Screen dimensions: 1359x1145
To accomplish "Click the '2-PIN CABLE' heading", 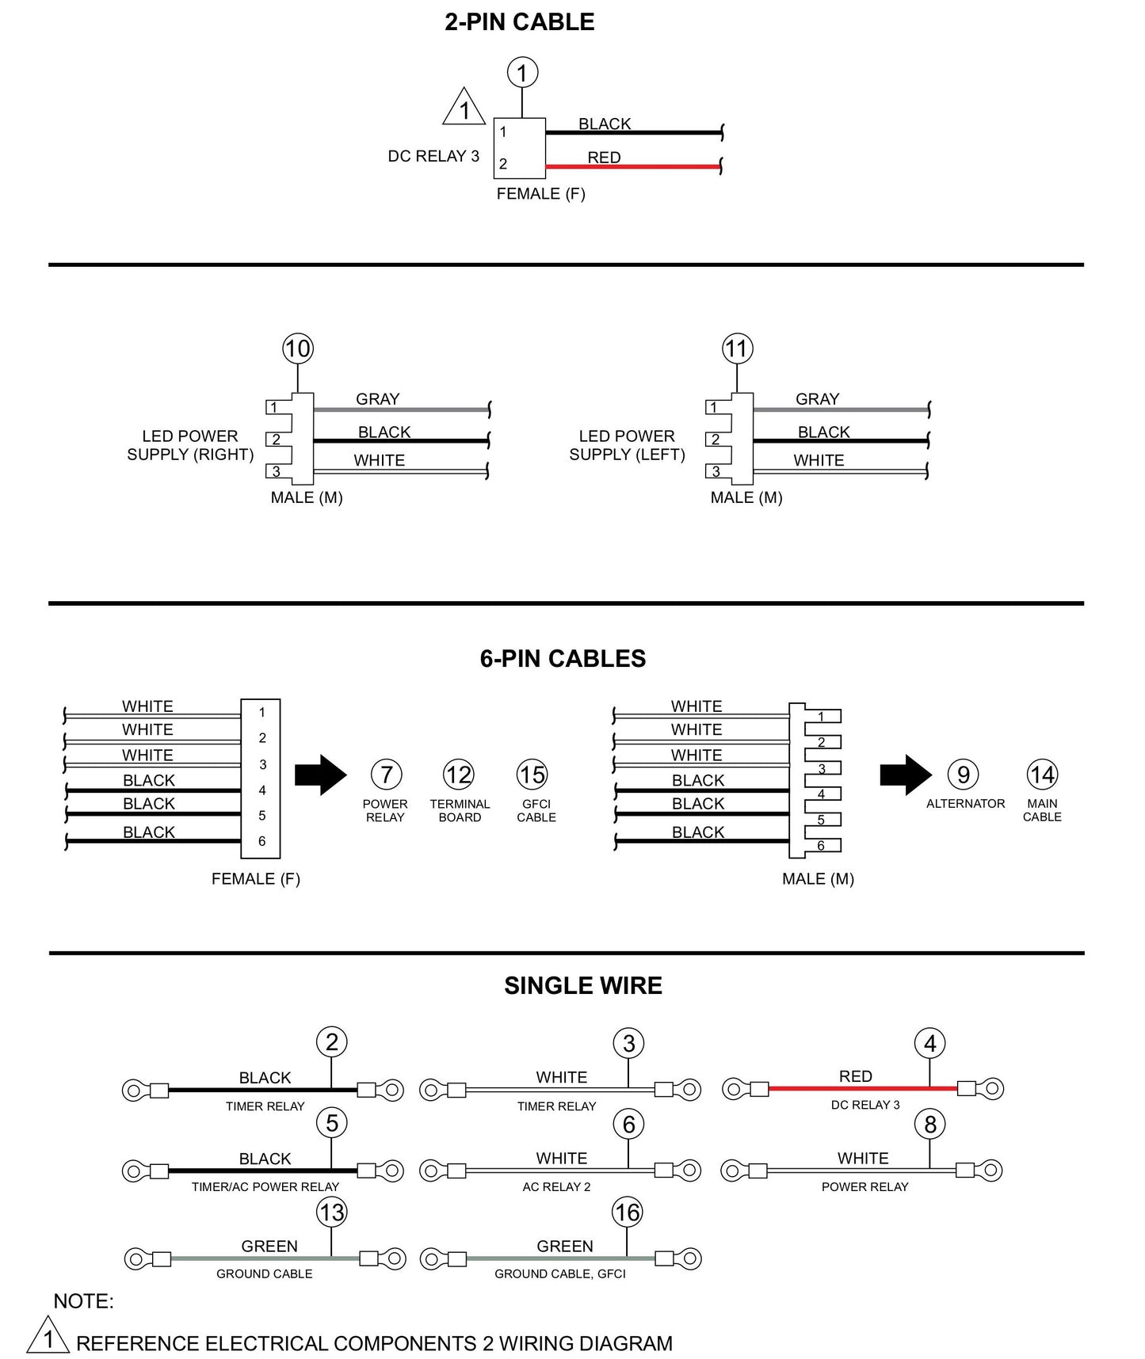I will [519, 22].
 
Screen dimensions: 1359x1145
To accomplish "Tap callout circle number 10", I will [298, 348].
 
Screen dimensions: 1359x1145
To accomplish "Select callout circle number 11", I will [737, 348].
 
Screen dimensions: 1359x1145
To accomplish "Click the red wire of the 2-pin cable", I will [633, 166].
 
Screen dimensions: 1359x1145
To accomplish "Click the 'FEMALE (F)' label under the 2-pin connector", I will [540, 194].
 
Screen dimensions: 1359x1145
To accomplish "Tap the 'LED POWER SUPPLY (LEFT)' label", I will [627, 445].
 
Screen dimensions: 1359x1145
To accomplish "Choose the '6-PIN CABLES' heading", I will [563, 659].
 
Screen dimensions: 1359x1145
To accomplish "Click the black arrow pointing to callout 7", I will [320, 775].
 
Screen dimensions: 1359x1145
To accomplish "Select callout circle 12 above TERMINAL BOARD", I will [459, 775].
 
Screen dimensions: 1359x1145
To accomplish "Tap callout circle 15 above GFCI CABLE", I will [532, 775].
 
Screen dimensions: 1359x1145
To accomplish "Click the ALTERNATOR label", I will [965, 804].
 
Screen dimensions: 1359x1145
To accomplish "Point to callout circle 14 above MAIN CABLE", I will [1042, 775].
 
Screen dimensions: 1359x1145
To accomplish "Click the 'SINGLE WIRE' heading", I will [582, 986].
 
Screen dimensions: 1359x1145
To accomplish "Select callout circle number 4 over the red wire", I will [930, 1044].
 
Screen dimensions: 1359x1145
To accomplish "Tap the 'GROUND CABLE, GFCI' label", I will [559, 1273].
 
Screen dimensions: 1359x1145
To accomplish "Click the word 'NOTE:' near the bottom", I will [83, 1301].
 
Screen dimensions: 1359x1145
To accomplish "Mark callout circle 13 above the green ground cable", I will [332, 1212].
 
